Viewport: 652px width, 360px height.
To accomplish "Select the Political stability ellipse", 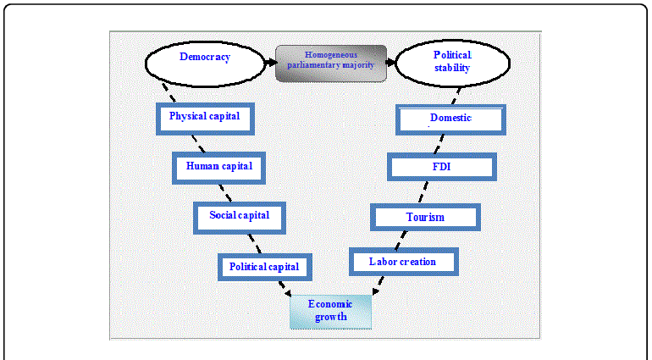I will pyautogui.click(x=453, y=62).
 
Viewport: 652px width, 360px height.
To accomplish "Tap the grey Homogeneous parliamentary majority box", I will pyautogui.click(x=331, y=63).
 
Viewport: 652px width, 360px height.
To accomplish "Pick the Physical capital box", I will pyautogui.click(x=205, y=117).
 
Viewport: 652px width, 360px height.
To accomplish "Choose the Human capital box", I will pyautogui.click(x=219, y=167).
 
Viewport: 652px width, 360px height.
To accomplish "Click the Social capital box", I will pyautogui.click(x=240, y=216).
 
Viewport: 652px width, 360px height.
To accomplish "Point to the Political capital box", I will pyautogui.click(x=264, y=267).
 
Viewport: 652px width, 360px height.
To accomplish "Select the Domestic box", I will pyautogui.click(x=451, y=119).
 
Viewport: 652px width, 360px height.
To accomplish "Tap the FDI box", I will pyautogui.click(x=441, y=167).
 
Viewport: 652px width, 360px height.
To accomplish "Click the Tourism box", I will pyautogui.click(x=425, y=217).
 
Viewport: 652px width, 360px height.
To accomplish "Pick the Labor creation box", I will pyautogui.click(x=403, y=262).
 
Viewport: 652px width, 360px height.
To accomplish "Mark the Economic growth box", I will pyautogui.click(x=330, y=311).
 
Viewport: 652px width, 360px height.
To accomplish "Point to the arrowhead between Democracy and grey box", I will pyautogui.click(x=270, y=62).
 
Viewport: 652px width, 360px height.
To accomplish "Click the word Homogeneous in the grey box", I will pyautogui.click(x=331, y=55).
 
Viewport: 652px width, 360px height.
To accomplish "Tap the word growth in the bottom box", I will pyautogui.click(x=330, y=318).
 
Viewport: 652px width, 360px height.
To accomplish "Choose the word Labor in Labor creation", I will pyautogui.click(x=383, y=262).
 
